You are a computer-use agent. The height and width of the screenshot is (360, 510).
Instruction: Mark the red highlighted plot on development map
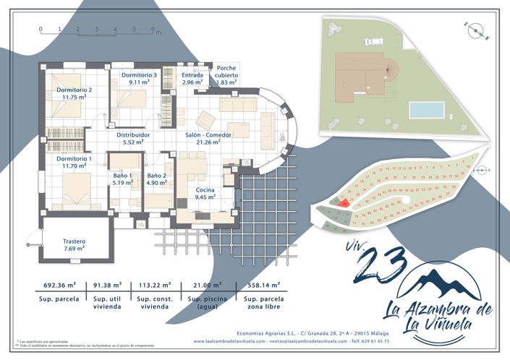pos(344,204)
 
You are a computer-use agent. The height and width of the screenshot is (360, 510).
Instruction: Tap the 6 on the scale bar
pos(153,30)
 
